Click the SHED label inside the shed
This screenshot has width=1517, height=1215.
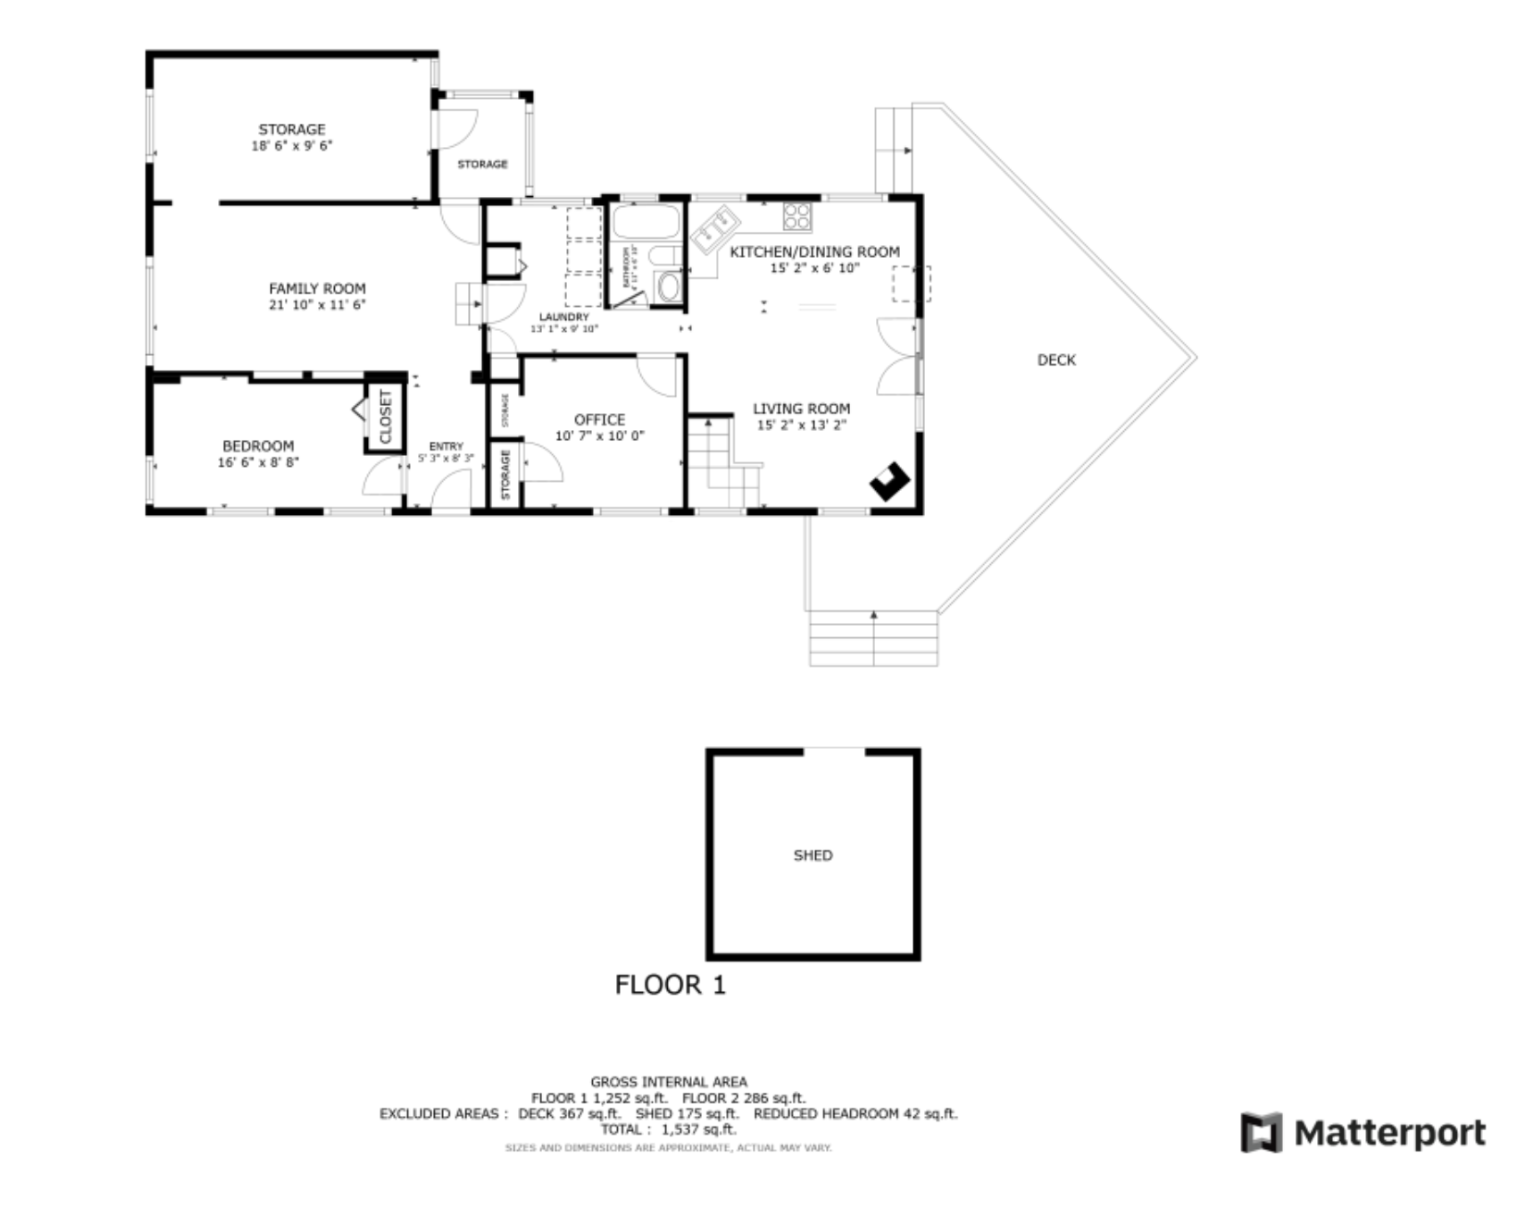pos(812,855)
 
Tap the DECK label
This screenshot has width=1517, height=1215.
pos(1055,360)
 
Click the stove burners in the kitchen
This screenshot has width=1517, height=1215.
pos(796,217)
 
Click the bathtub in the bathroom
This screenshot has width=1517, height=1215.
pos(646,222)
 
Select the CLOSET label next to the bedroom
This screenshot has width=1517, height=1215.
pos(386,417)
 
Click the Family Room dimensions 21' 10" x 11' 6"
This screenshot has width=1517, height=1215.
pos(317,304)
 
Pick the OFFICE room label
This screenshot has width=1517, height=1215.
pos(599,419)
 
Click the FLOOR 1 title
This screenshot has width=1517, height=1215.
pos(671,985)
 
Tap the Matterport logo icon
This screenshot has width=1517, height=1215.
pos(1261,1133)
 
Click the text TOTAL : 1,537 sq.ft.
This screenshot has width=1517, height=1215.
pos(668,1129)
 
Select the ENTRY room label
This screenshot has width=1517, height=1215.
pos(446,447)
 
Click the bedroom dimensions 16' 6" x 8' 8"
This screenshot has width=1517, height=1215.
pos(258,462)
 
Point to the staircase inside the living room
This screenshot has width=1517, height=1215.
pos(721,462)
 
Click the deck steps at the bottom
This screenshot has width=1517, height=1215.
pos(873,638)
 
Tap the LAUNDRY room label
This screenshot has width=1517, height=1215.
pos(563,317)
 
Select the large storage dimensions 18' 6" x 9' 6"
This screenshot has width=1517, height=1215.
pos(291,145)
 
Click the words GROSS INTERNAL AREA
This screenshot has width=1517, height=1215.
pos(668,1081)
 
